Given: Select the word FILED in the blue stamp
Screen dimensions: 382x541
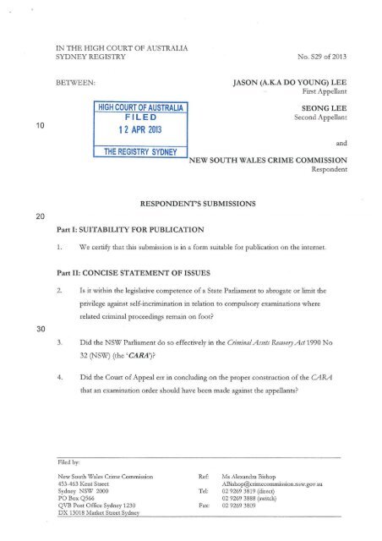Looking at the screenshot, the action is [x=138, y=120].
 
